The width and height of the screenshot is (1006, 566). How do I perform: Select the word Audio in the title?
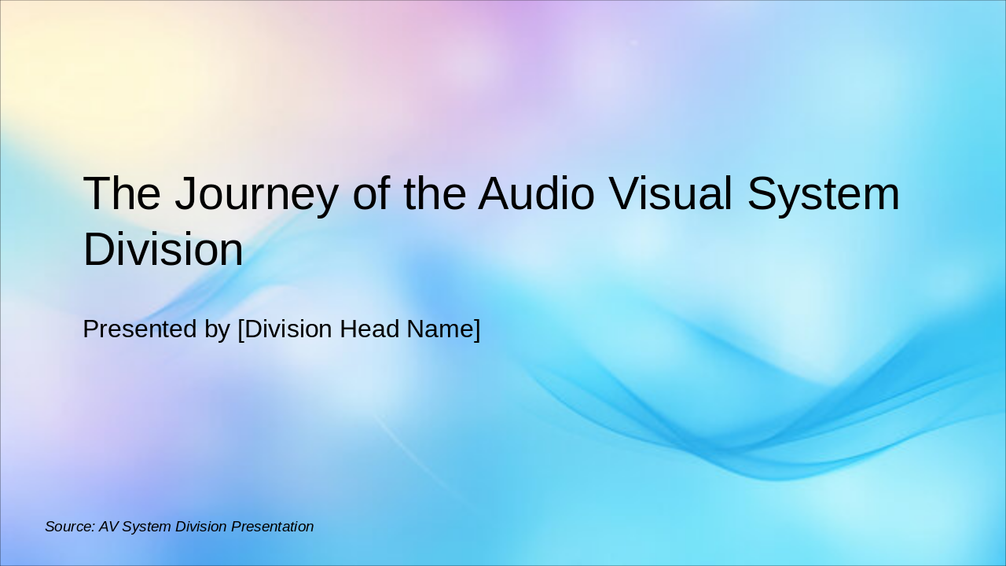[536, 194]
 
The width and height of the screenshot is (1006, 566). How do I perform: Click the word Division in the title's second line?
[163, 250]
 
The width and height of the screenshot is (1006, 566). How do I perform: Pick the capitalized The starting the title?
[122, 194]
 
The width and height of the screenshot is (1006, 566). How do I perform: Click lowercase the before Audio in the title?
[435, 194]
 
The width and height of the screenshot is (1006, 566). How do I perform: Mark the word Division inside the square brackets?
[288, 329]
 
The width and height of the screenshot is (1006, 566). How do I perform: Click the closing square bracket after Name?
[476, 329]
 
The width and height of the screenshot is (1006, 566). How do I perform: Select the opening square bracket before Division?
[240, 329]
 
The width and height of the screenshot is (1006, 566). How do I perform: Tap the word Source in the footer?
[69, 527]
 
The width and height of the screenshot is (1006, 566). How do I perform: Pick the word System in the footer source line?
[146, 527]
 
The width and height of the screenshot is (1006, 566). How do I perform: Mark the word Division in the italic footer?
[200, 527]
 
